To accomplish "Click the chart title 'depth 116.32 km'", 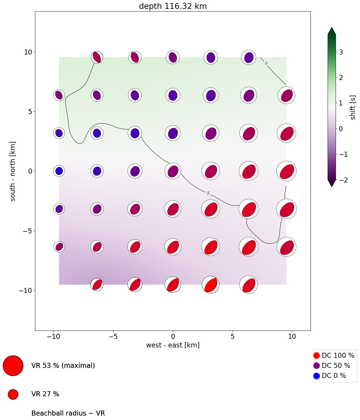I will (x=173, y=6).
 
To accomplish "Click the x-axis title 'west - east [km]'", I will (x=173, y=345).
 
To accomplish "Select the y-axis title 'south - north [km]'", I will (x=13, y=171).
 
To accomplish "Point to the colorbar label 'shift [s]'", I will (x=353, y=108).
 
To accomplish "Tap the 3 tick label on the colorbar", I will (x=341, y=52).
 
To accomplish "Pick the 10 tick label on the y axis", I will (x=28, y=52).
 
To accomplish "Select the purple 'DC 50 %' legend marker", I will (x=316, y=366).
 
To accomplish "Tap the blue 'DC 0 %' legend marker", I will (x=316, y=376).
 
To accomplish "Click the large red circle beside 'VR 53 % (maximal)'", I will (x=13, y=366).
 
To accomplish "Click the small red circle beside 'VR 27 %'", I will (x=13, y=394).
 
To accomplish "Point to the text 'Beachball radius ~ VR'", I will (x=68, y=413).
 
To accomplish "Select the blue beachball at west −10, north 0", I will (x=59, y=171).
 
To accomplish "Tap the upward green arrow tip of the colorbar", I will (x=332, y=30).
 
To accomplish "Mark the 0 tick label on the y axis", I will (x=30, y=171).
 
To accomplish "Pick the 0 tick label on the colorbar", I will (x=341, y=129).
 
